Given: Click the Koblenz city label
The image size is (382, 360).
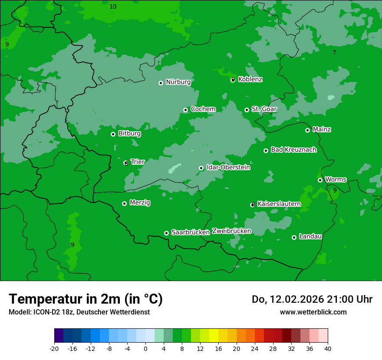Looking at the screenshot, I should point(250,79).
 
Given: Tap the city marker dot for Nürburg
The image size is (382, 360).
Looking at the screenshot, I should point(161,83).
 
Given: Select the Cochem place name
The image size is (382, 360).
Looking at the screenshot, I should point(203,109).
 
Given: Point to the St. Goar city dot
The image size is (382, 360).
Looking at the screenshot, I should point(247,110).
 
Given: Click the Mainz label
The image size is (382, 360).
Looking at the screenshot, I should point(322,130).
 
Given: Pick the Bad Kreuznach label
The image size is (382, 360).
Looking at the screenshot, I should point(293,150).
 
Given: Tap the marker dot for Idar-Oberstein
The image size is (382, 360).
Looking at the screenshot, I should point(201,168).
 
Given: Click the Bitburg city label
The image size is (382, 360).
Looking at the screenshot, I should point(129,134).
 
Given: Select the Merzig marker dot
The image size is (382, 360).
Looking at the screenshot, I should point(124,203).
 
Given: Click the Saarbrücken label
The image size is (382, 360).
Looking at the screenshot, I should point(191,232).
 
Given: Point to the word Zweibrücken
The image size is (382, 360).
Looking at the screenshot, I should point(231,231).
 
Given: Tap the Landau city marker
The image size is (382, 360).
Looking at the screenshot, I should point(294,237).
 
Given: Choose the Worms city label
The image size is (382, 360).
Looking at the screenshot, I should point(336,180).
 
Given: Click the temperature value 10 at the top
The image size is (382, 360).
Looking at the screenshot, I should point(113,7).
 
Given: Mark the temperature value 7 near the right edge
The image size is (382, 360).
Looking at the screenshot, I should point(334,52).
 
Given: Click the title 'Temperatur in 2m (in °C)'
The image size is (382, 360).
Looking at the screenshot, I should point(86,299).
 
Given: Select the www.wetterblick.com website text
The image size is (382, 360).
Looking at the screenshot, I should point(313,312).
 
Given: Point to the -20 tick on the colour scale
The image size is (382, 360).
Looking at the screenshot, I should point(54,348).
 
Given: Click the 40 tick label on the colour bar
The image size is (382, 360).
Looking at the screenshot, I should point(327,348).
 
